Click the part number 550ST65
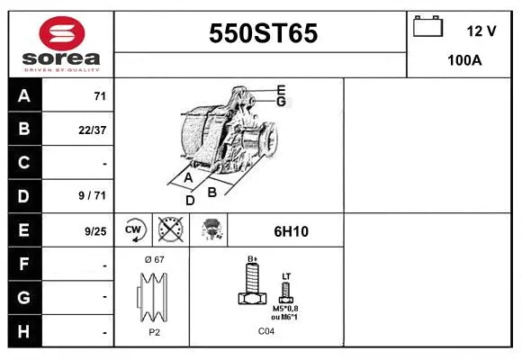(262, 33)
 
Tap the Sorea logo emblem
(59, 33)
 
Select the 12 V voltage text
(481, 31)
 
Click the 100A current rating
(464, 61)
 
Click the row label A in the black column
(24, 95)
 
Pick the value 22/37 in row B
(93, 129)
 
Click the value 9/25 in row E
(94, 230)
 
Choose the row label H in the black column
(24, 332)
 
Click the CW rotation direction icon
(133, 230)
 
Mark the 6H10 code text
(291, 231)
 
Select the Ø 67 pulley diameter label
(153, 259)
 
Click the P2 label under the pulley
(153, 331)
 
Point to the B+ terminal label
(254, 258)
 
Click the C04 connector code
(265, 332)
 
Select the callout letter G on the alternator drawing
(281, 102)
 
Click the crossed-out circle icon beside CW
(168, 230)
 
